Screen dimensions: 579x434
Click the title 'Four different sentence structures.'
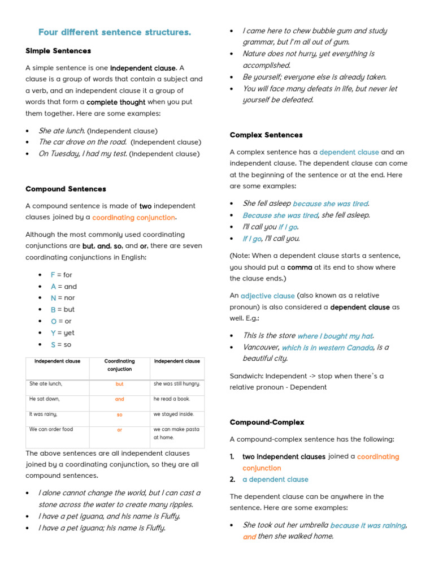coord(115,32)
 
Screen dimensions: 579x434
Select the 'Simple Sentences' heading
coord(58,51)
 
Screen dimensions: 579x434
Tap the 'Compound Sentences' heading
coord(66,189)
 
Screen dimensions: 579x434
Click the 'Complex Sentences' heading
coord(266,135)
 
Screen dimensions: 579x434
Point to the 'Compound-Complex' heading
coord(267,422)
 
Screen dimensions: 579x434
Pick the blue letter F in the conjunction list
coord(53,275)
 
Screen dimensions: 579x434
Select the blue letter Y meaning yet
coord(53,333)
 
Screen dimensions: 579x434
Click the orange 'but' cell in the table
coord(119,384)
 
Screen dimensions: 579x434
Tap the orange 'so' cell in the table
coord(119,414)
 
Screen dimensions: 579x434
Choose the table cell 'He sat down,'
coord(45,399)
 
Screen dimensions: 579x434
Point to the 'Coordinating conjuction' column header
coord(119,365)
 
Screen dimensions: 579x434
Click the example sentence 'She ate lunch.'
coord(62,131)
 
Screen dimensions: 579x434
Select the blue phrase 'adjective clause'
coord(267,296)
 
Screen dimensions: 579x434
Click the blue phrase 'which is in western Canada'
coord(327,348)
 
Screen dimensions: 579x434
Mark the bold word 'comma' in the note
coord(300,267)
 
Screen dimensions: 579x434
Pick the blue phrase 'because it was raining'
coord(368,526)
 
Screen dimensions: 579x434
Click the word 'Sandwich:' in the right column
coord(246,376)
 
